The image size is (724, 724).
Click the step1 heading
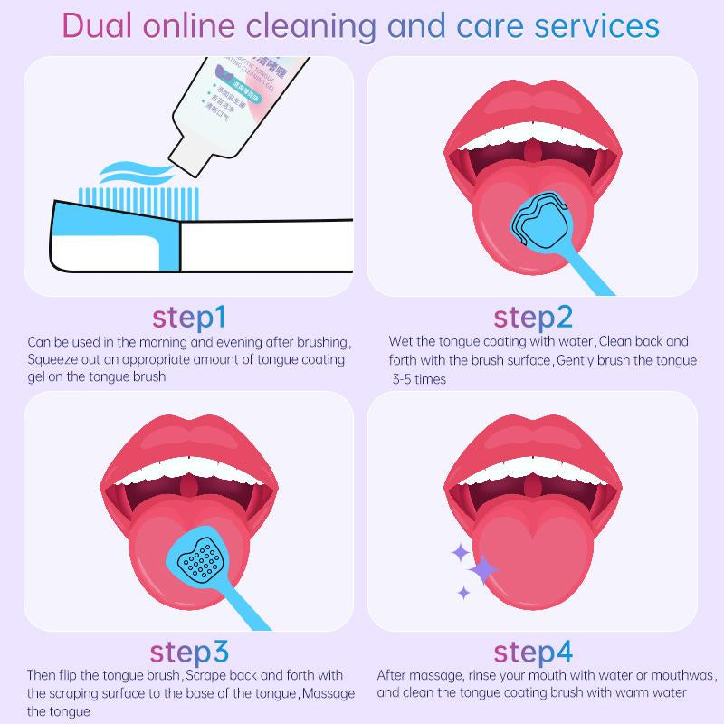tap(188, 318)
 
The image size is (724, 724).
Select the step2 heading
tap(533, 318)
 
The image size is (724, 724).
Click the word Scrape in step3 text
tap(207, 675)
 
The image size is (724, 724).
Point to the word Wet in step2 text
tap(401, 342)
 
